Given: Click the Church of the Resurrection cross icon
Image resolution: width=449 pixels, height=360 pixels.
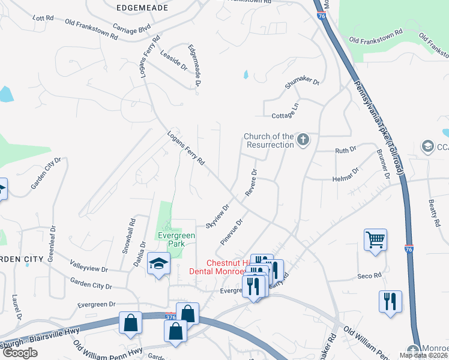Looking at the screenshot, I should pyautogui.click(x=303, y=140).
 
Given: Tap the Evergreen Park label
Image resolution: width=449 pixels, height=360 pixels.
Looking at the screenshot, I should pyautogui.click(x=176, y=239).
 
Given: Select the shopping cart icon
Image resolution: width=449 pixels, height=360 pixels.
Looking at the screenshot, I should pyautogui.click(x=375, y=240).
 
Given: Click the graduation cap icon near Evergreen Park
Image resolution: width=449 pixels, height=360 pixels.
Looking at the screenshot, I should pyautogui.click(x=159, y=264).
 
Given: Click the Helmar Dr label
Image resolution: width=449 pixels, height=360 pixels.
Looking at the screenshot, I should pyautogui.click(x=345, y=174).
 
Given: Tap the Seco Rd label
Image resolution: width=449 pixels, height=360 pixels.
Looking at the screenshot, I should pyautogui.click(x=370, y=275).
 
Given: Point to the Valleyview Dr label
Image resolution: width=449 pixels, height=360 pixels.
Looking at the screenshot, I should pyautogui.click(x=89, y=266).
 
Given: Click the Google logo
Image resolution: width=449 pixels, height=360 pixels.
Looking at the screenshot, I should pyautogui.click(x=20, y=353).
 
